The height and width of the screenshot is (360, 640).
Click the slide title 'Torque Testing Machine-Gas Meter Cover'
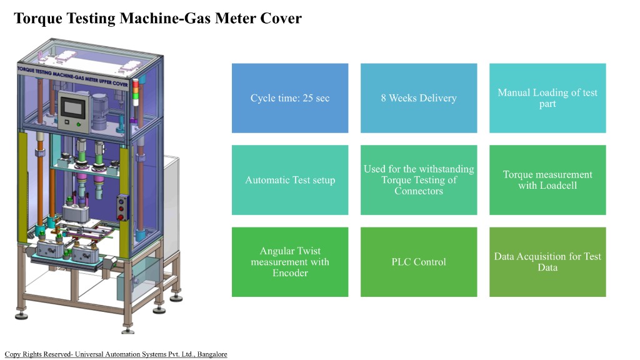click(x=157, y=19)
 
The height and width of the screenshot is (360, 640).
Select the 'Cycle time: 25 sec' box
click(x=290, y=98)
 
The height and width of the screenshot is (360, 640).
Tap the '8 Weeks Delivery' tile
click(x=419, y=98)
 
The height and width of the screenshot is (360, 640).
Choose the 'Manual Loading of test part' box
click(x=547, y=98)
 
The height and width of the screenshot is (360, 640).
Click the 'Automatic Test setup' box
click(x=290, y=180)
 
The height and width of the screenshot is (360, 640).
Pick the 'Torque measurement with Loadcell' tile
click(x=547, y=180)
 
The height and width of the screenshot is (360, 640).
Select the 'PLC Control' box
click(x=419, y=262)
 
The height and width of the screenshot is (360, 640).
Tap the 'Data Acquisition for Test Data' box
click(x=547, y=262)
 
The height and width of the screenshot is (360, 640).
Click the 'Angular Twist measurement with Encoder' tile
click(x=290, y=262)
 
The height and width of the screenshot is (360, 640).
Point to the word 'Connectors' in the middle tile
click(x=419, y=191)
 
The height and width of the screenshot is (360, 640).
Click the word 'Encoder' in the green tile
click(x=290, y=273)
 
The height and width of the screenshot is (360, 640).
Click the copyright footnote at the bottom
click(x=116, y=354)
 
